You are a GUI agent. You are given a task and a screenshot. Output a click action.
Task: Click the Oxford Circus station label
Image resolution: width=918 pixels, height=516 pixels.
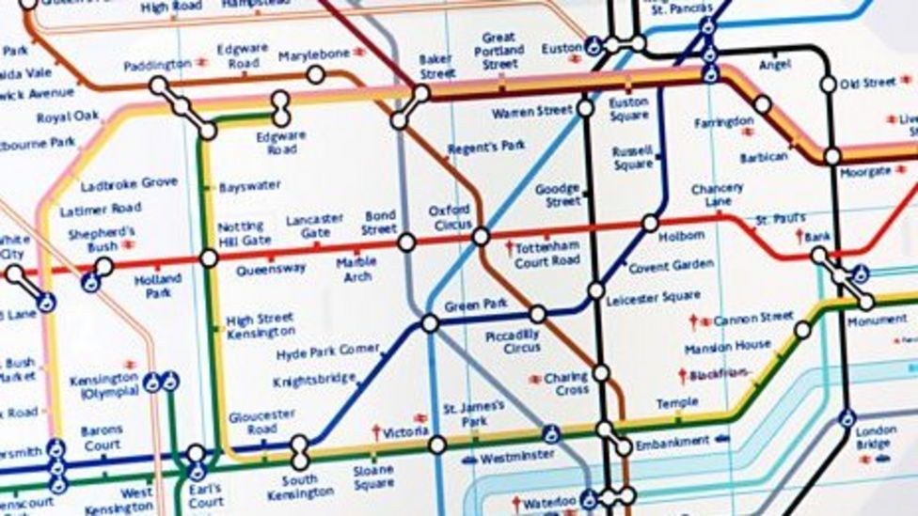tap(449, 217)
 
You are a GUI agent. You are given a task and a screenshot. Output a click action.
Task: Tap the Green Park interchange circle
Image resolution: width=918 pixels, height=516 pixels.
tap(430, 323)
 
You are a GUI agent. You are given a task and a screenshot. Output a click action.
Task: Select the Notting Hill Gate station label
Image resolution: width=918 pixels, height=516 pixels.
tap(245, 234)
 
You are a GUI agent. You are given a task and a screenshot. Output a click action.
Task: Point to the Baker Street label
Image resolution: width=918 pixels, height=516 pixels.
tap(436, 66)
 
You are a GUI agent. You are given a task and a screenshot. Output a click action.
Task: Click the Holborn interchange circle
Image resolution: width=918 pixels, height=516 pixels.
tap(650, 223)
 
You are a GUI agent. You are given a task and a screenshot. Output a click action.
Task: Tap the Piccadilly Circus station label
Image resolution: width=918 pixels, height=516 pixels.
tap(513, 341)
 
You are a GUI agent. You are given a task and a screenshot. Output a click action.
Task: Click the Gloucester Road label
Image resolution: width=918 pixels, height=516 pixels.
tap(261, 421)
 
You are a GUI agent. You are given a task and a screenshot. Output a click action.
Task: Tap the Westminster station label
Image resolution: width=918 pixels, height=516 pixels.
tap(516, 459)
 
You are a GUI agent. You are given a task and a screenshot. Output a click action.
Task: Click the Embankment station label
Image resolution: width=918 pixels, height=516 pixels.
tap(673, 442)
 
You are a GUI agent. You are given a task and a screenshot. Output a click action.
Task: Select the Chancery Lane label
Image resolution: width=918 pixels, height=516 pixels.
tap(717, 195)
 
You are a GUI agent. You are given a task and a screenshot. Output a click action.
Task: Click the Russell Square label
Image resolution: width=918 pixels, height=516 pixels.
tap(632, 158)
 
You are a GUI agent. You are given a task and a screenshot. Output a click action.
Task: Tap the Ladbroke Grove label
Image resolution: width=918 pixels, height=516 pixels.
tap(129, 184)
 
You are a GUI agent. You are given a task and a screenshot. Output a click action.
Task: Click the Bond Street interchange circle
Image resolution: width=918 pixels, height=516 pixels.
tap(406, 242)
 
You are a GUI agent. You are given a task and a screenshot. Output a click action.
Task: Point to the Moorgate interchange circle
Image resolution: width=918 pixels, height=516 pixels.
tap(832, 156)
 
